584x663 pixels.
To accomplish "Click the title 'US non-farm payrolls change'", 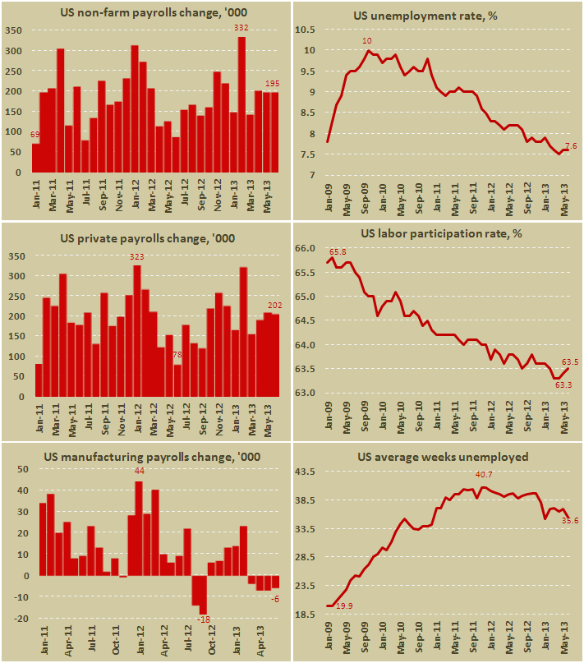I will point(146,12).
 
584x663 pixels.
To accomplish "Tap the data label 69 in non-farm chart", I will point(36,135).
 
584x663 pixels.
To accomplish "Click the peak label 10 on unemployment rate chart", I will point(367,41).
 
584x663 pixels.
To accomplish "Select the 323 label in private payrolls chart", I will point(136,258).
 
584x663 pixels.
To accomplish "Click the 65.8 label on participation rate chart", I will point(337,252).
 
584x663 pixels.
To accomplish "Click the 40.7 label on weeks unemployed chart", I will point(485,475).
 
